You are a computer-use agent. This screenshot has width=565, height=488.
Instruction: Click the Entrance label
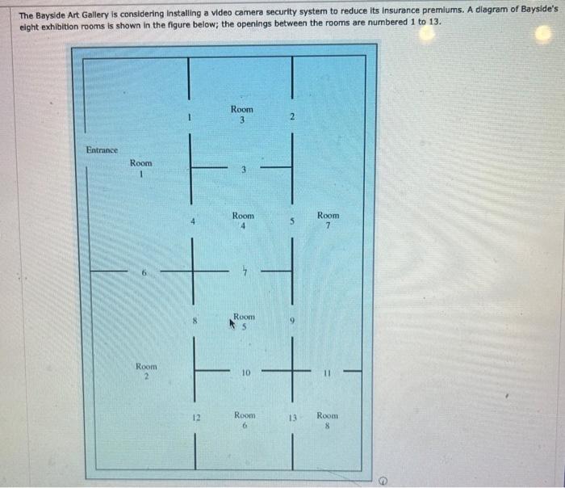coord(102,150)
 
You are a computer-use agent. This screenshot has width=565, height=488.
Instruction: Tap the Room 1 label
coord(141,168)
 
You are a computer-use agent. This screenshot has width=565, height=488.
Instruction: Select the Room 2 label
coord(146,372)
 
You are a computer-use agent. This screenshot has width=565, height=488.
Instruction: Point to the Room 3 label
coord(242,115)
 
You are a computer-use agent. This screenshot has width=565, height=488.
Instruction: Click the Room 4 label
coord(243,221)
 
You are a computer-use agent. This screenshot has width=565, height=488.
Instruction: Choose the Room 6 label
coord(245,420)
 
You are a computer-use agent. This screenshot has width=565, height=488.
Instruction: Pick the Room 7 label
coord(328,221)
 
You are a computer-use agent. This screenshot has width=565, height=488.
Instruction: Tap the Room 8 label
coord(327,421)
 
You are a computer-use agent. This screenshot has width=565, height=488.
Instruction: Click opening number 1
coord(189,118)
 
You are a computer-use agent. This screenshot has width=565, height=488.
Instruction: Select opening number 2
coord(292,116)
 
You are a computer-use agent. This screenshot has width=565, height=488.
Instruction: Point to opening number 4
coord(193,222)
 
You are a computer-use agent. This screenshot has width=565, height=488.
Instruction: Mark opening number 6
coord(144,273)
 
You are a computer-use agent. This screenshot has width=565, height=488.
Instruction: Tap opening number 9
coord(292,320)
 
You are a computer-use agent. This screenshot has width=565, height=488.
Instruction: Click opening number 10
coord(245,372)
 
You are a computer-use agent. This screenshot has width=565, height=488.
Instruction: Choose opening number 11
coord(327,373)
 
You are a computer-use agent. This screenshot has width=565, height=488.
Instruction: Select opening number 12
coord(196,418)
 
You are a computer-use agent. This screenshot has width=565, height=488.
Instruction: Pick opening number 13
coord(292,418)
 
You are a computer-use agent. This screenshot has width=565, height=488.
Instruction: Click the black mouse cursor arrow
coord(232,323)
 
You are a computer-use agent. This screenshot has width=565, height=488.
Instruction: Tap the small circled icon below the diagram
coord(384,481)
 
